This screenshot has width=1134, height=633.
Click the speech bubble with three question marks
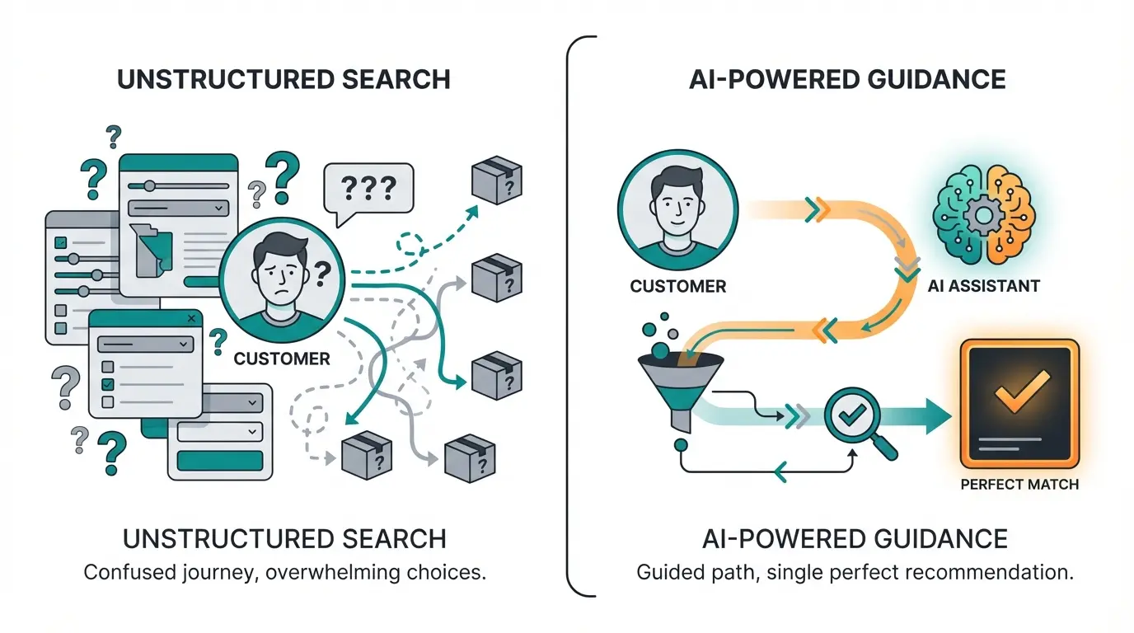point(368,190)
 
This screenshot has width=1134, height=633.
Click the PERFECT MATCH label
point(1019,484)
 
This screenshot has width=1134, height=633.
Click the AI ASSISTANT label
point(983,286)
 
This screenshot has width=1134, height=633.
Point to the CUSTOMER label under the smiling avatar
point(677,287)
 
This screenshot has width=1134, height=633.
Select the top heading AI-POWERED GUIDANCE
point(846,79)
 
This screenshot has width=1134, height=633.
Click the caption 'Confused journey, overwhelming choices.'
point(285,572)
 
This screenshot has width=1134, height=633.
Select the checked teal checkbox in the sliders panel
point(60,243)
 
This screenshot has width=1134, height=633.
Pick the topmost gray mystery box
point(497,181)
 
